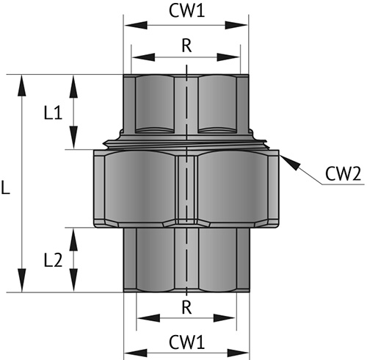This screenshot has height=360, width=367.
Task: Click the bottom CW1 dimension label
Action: point(188,343)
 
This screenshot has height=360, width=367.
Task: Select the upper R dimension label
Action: point(186,45)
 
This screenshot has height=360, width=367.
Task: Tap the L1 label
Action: point(52,112)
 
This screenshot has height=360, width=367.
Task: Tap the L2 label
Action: point(52,259)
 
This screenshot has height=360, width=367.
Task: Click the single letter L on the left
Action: point(6,188)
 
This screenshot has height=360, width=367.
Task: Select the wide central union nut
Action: point(187,187)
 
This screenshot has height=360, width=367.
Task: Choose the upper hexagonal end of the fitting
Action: point(187,103)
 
